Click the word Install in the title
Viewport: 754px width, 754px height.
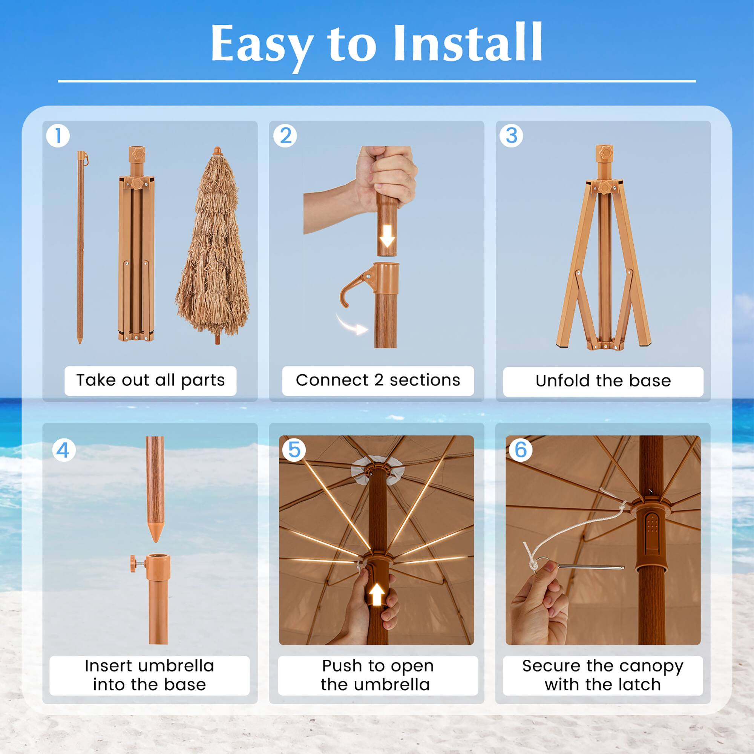point(467,44)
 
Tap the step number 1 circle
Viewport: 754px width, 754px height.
point(58,136)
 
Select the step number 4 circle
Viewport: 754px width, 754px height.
point(64,451)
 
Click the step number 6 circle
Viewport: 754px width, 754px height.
point(521,450)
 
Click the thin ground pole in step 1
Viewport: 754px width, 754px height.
point(80,246)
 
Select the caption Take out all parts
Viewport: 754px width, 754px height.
point(150,380)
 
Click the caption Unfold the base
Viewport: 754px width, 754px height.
point(603,381)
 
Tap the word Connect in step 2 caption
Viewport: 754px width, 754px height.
point(332,380)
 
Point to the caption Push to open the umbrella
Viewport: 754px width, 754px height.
point(377,675)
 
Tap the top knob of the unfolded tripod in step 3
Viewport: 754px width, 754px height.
point(604,153)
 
